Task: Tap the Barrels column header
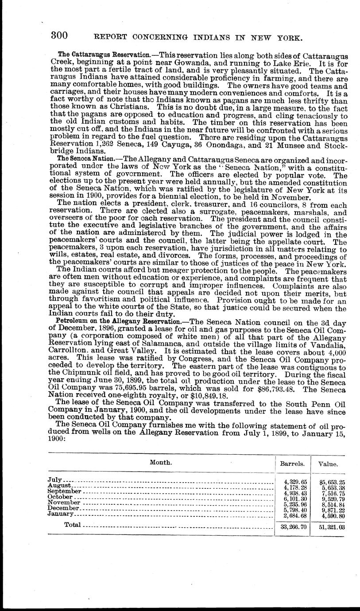(x=292, y=464)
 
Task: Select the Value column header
(x=329, y=464)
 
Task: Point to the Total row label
(x=73, y=525)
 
